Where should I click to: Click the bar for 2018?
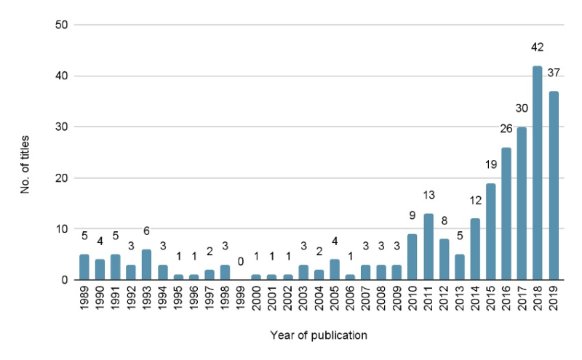538,173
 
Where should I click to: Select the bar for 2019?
554,185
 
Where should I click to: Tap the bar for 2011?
428,247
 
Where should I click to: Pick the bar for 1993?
146,265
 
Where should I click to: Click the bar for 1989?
84,267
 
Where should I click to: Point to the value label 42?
538,53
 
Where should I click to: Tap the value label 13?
428,195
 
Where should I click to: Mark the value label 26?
506,129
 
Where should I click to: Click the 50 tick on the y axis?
61,25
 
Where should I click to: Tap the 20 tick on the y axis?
61,178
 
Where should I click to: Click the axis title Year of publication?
319,335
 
